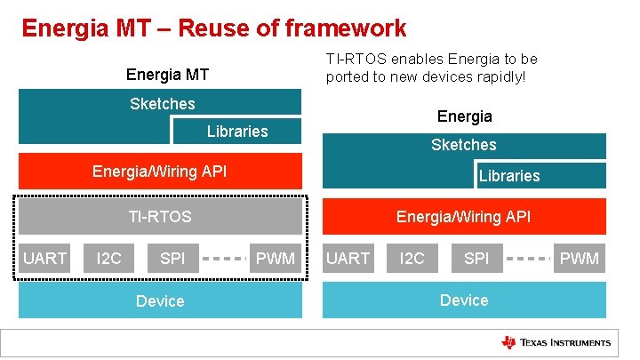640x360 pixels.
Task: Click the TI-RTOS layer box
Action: point(160,216)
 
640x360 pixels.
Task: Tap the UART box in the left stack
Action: point(45,259)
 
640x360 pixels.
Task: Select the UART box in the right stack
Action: point(348,259)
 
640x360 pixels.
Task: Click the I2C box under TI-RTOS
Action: point(108,259)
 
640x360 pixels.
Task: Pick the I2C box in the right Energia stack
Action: point(412,259)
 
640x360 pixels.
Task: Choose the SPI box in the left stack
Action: point(172,259)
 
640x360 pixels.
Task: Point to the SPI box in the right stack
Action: point(476,259)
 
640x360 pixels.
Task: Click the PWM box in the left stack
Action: point(276,259)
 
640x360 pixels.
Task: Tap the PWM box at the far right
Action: point(580,259)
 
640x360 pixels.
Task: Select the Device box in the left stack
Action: point(160,300)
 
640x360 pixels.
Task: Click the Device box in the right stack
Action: point(464,300)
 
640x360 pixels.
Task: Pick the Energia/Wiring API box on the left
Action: point(160,172)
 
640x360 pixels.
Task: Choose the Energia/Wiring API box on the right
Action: point(464,216)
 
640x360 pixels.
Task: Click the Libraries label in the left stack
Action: point(237,132)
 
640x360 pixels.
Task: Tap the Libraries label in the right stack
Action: point(509,176)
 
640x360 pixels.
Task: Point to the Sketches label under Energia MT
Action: point(162,104)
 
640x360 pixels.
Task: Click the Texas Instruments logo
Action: point(556,342)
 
